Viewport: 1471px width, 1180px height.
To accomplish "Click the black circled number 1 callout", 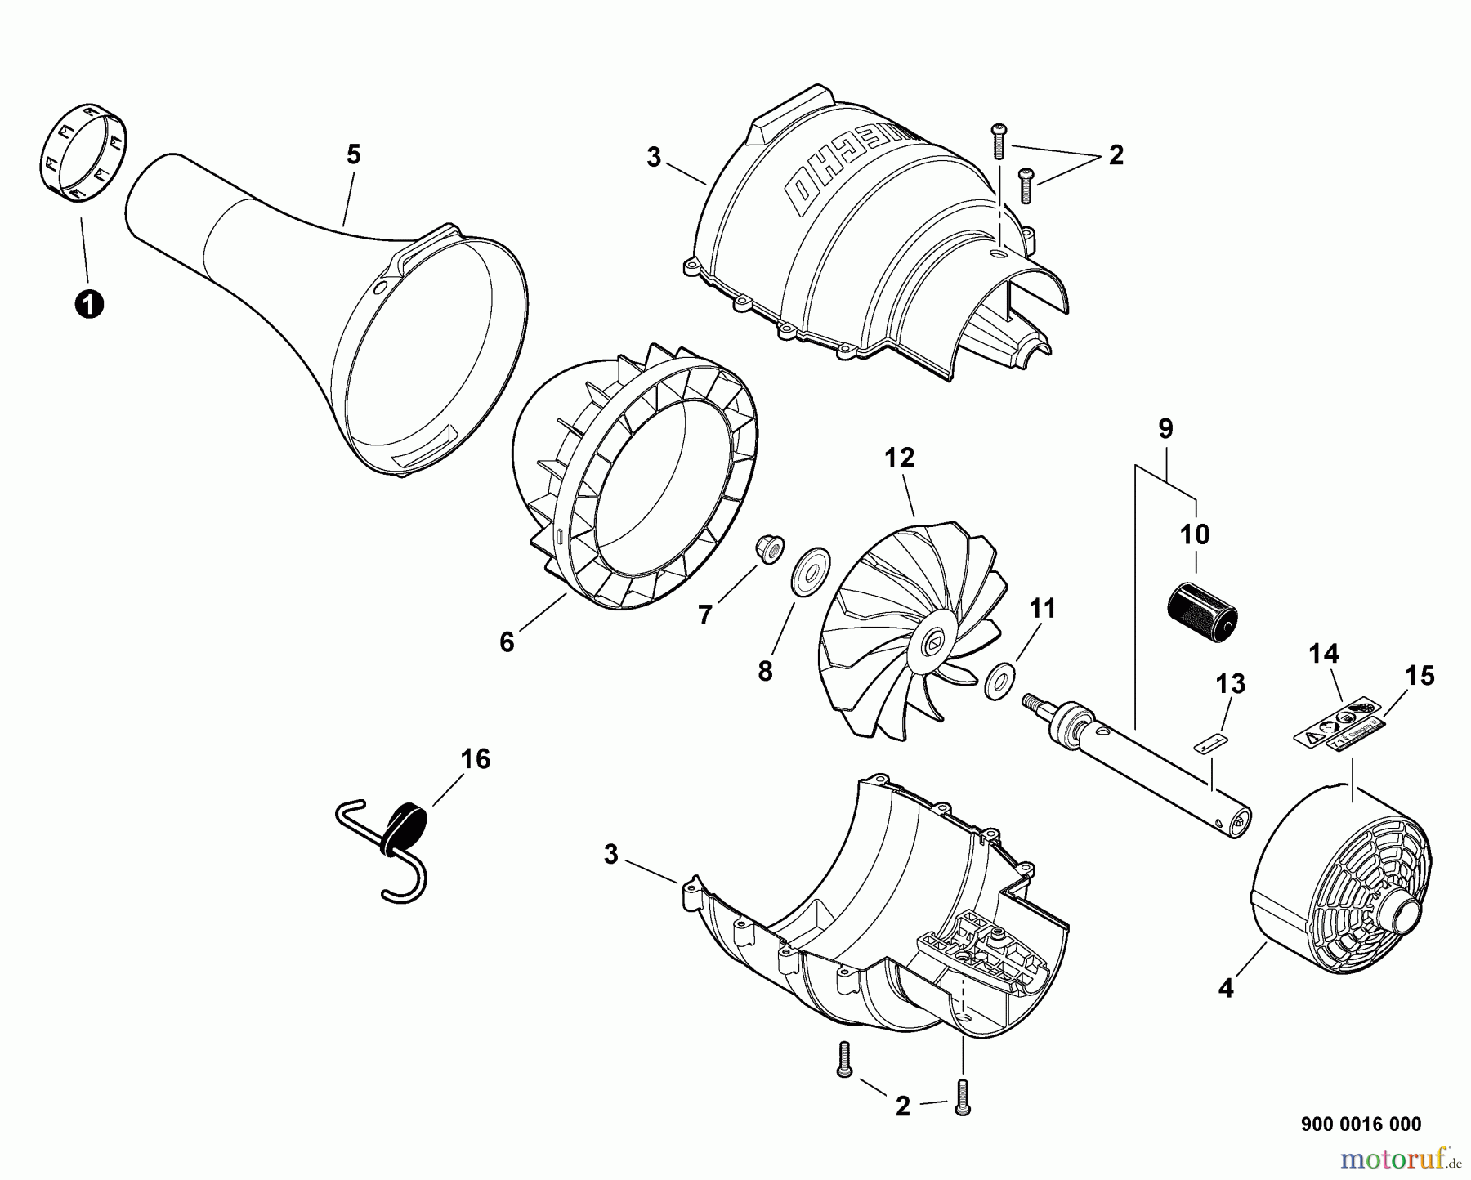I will (88, 305).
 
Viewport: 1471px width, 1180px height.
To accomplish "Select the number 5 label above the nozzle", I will (353, 154).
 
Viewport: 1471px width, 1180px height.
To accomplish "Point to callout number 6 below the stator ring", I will (507, 642).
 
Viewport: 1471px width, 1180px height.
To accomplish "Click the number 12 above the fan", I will (899, 458).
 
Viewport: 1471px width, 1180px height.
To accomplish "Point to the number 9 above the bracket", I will (1165, 428).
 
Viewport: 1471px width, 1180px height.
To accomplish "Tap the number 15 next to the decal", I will (1420, 676).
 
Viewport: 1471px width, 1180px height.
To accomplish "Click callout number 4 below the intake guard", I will (1225, 988).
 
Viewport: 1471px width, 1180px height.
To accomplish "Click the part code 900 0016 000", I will (1360, 1124).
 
